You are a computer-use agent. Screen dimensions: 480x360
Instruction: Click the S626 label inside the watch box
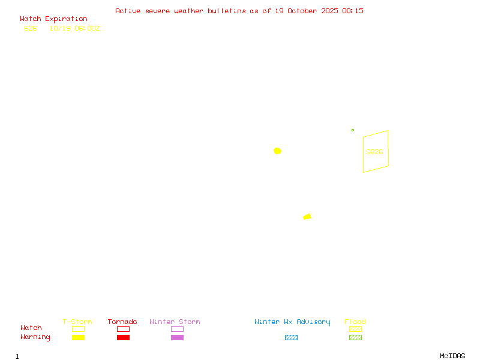[x=374, y=152]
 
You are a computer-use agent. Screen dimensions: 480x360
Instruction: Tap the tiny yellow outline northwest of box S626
[x=353, y=130]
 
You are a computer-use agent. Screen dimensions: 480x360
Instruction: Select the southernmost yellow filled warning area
[x=307, y=217]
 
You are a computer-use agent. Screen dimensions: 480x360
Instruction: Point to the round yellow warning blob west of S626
[x=277, y=151]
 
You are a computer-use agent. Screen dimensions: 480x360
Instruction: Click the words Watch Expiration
[x=53, y=19]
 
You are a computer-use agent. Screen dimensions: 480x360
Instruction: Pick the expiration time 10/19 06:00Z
[x=74, y=28]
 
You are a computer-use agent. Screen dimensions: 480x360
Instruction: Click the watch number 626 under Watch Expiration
[x=31, y=28]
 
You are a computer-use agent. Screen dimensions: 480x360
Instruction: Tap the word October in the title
[x=307, y=11]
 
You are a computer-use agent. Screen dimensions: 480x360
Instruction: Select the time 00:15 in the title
[x=353, y=11]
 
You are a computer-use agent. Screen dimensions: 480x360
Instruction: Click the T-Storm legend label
[x=77, y=322]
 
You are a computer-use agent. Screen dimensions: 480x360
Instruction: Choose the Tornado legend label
[x=122, y=322]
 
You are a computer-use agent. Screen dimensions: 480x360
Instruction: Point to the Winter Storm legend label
[x=175, y=322]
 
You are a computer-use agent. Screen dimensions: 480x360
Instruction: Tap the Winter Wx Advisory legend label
[x=292, y=322]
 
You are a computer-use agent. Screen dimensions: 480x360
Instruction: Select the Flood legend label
[x=355, y=322]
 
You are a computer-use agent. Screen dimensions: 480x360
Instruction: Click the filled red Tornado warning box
[x=123, y=338]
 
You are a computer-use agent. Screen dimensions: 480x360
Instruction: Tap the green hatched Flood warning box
[x=355, y=338]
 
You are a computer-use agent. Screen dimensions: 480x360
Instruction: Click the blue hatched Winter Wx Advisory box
[x=291, y=338]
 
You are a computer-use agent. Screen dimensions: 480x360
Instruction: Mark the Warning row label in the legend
[x=35, y=337]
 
